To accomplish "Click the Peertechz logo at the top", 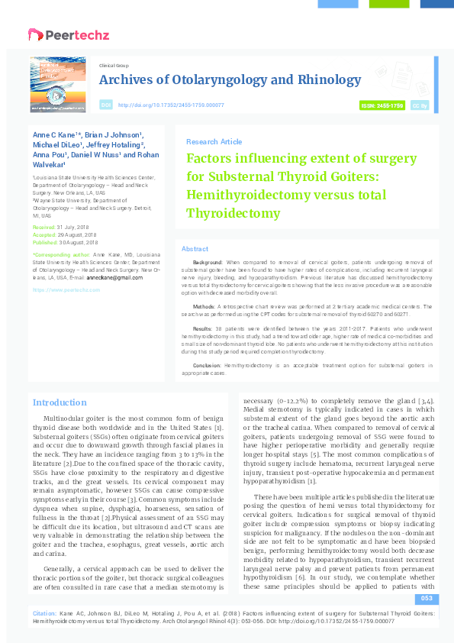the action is pyautogui.click(x=69, y=34).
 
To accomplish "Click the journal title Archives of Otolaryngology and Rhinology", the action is pyautogui.click(x=230, y=80).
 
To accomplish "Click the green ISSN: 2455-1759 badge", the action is pyautogui.click(x=382, y=105).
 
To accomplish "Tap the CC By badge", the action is pyautogui.click(x=419, y=105).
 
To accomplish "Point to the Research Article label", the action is pyautogui.click(x=214, y=142).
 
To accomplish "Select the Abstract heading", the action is pyautogui.click(x=195, y=250).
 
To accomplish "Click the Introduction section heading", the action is pyautogui.click(x=60, y=402).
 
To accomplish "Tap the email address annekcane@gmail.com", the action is pyautogui.click(x=115, y=277).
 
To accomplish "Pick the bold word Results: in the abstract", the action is pyautogui.click(x=203, y=327).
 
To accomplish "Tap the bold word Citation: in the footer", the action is pyautogui.click(x=44, y=634).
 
